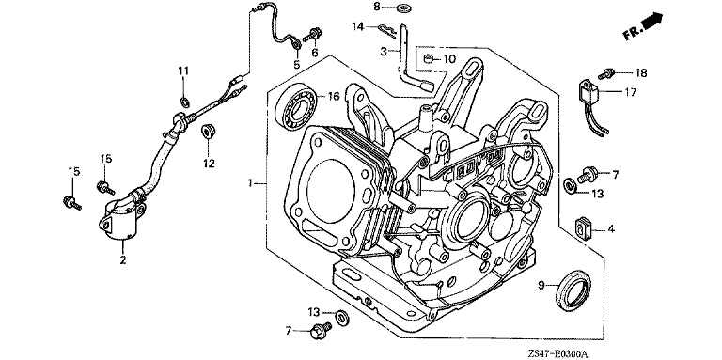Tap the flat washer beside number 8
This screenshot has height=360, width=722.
click(405, 8)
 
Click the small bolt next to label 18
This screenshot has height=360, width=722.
click(606, 72)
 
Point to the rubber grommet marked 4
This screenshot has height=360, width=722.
click(583, 228)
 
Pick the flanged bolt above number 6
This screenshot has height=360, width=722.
click(312, 34)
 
